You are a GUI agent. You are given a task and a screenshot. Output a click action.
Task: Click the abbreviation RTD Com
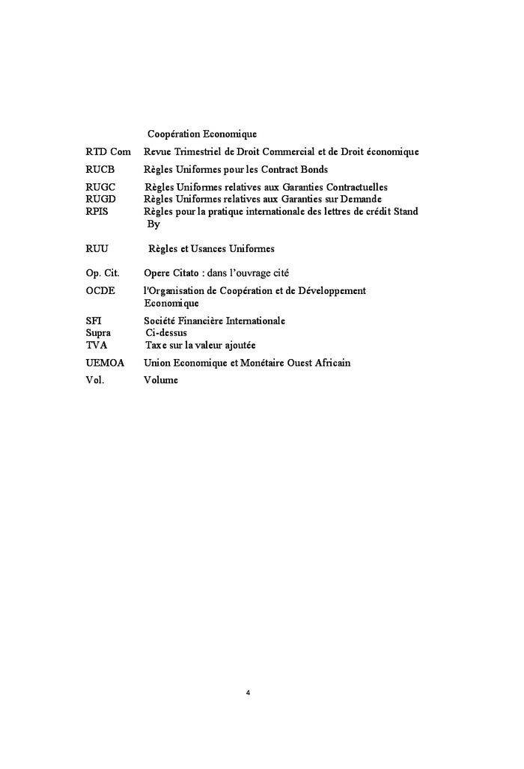[x=109, y=152]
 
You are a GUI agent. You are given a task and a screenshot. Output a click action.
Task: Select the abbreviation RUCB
[x=100, y=170]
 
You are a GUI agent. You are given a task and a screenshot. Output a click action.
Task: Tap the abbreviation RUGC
[x=101, y=187]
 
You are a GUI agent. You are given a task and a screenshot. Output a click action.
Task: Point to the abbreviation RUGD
[x=101, y=199]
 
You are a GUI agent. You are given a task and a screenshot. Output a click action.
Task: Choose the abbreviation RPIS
[x=98, y=212]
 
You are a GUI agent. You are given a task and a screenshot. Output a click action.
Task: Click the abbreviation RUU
[x=98, y=248]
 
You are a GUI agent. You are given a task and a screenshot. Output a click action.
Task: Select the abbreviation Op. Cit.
[x=103, y=273]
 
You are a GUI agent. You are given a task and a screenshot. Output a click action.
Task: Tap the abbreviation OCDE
[x=100, y=290]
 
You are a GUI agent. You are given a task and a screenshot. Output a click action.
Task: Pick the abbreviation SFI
[x=94, y=320]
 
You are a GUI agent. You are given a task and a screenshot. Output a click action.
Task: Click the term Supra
[x=99, y=333]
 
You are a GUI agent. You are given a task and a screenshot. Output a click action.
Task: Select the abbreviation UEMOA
[x=105, y=363]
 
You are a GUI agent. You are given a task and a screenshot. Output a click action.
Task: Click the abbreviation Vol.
[x=95, y=380]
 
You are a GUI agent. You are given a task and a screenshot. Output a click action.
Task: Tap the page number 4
[x=248, y=693]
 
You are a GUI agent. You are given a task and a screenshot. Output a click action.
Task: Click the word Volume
[x=161, y=380]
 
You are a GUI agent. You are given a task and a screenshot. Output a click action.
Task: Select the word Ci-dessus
[x=166, y=333]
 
